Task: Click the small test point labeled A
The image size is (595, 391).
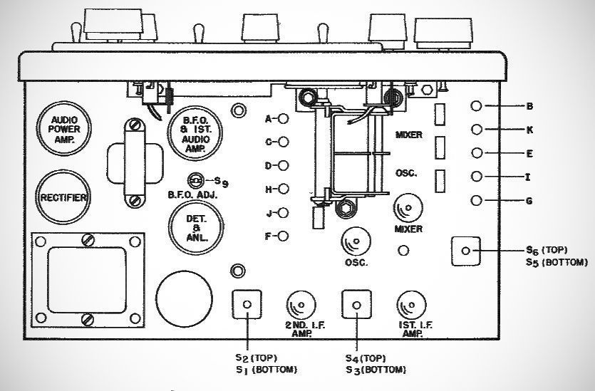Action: click(x=283, y=119)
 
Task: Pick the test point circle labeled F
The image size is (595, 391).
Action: click(x=283, y=236)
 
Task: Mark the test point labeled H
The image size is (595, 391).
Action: click(x=283, y=189)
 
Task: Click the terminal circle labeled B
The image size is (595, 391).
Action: click(x=477, y=106)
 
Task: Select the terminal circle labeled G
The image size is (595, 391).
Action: click(x=477, y=201)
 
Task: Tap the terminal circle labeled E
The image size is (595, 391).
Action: click(x=477, y=153)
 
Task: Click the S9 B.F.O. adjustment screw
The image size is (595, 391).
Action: click(x=195, y=181)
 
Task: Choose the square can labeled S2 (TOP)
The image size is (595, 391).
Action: click(x=247, y=305)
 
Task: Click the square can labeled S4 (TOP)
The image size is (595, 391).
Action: click(x=356, y=305)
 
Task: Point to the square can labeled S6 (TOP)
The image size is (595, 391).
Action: click(x=465, y=251)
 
